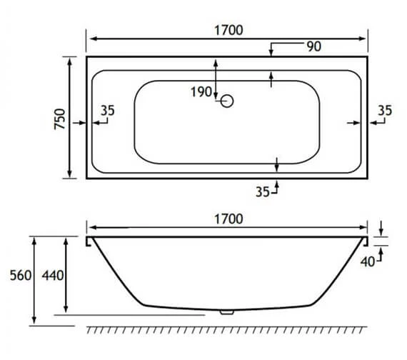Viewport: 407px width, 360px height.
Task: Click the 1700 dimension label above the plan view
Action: point(228,30)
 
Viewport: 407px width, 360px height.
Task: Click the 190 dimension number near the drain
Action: point(202,91)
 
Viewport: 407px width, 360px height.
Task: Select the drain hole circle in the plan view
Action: point(227,101)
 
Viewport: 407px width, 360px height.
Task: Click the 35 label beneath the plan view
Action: point(263,191)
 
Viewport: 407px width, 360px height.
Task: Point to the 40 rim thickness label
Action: point(367,261)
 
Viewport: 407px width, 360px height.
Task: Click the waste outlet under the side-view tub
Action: point(227,311)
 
